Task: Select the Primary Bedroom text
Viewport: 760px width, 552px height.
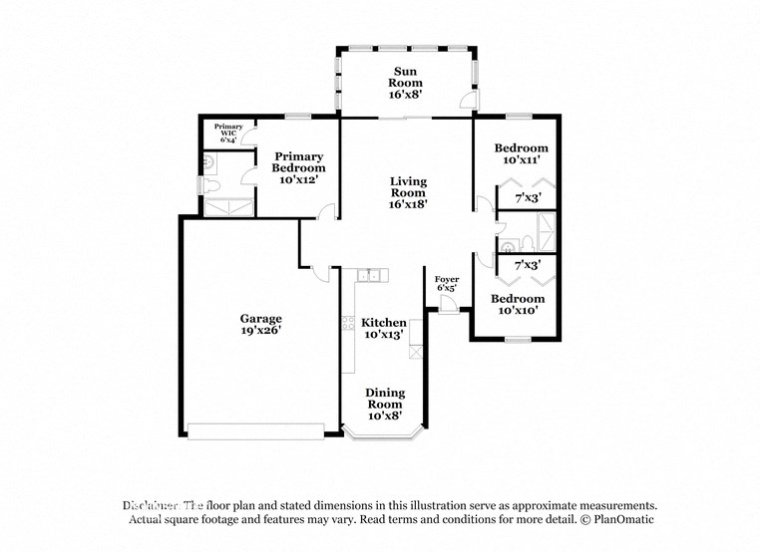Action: (299, 162)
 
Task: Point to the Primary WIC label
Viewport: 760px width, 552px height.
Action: (228, 134)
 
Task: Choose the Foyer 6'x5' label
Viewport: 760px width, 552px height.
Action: (447, 283)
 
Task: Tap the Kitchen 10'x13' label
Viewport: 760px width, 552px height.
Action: (384, 329)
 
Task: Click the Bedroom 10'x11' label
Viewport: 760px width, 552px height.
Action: (521, 154)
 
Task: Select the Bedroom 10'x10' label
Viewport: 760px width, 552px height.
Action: (517, 304)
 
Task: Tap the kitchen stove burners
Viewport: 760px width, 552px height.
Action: (348, 323)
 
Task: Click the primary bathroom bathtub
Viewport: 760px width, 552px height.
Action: (228, 206)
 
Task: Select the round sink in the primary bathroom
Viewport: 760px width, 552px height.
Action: (207, 159)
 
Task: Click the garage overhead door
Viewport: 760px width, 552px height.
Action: (256, 431)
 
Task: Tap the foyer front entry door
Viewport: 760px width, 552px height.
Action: (448, 305)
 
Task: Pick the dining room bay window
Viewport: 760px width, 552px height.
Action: (384, 433)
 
